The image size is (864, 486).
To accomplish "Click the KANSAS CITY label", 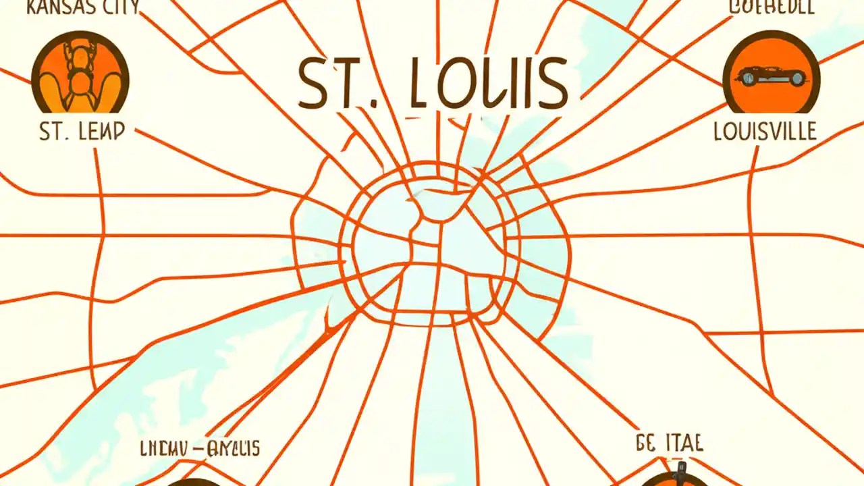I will coord(82,7).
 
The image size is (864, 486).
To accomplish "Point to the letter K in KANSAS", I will coord(32,7).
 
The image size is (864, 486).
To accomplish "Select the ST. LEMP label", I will coord(82,131).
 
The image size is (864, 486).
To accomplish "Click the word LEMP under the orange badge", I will coord(102,131).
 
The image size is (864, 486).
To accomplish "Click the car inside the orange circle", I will coord(772,76).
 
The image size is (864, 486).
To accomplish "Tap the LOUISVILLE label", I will coord(765,131).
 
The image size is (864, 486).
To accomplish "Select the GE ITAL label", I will coord(670,443).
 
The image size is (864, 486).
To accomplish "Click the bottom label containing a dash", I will coord(200,448).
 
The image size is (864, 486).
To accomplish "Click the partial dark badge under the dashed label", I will coord(192,482).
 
